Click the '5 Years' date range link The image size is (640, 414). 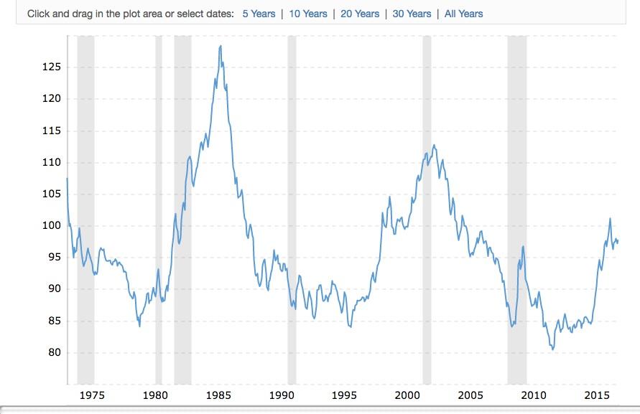point(259,14)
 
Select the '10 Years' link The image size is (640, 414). point(307,14)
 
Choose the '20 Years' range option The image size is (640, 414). point(360,14)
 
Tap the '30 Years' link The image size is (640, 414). point(412,14)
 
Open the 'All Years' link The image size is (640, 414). point(463,14)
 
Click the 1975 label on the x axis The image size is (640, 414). point(92,395)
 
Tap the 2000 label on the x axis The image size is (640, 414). point(407,395)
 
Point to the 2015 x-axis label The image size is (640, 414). point(597,395)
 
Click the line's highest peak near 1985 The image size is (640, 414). point(221,46)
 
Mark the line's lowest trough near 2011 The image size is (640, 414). point(552,349)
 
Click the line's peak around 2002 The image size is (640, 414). point(434,145)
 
